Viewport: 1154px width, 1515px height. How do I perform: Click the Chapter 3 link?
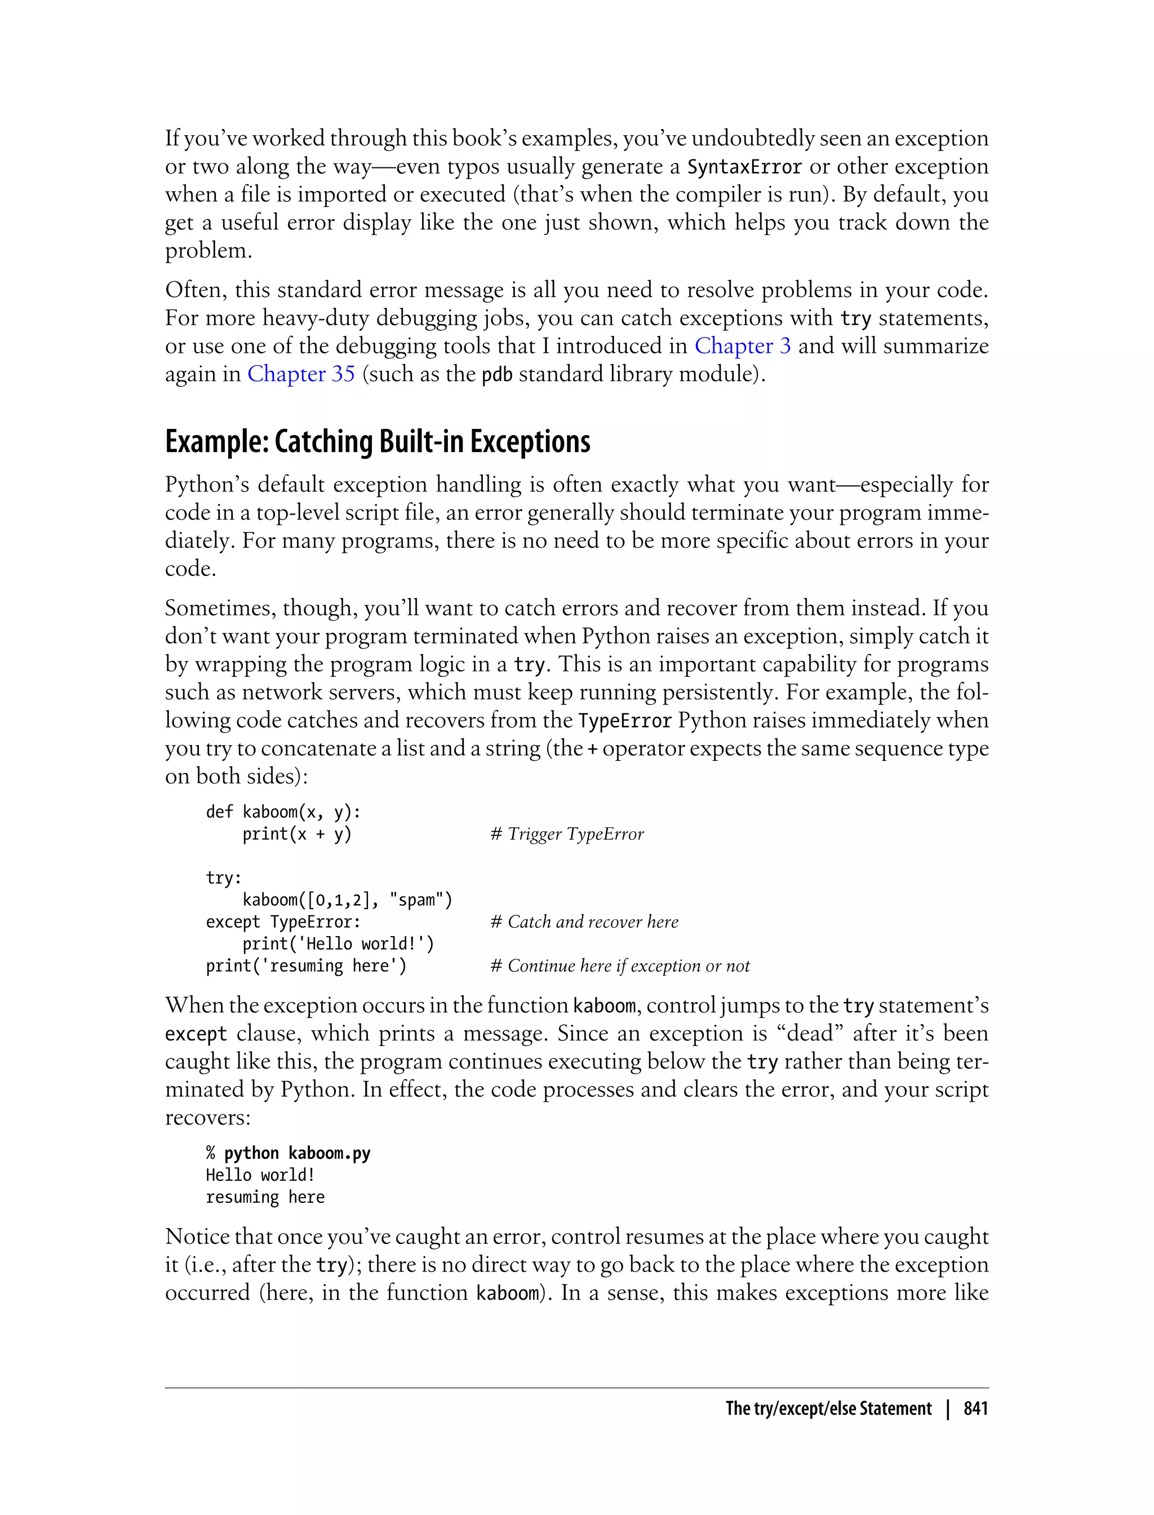[x=742, y=345]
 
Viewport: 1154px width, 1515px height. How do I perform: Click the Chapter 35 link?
[x=301, y=374]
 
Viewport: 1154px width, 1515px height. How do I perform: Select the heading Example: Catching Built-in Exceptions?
[x=377, y=442]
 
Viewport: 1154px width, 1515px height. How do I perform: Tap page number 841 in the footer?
[x=975, y=1409]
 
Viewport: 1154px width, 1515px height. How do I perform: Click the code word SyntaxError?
[x=744, y=167]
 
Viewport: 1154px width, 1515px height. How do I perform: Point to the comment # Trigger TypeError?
[x=567, y=834]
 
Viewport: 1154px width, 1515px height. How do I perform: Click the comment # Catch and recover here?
[x=584, y=922]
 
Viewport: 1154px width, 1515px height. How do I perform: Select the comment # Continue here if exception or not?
[x=620, y=966]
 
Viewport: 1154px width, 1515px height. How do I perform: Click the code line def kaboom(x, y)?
[x=283, y=812]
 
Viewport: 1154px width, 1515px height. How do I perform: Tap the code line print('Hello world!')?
[x=338, y=944]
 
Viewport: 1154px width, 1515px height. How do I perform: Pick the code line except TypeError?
[x=283, y=922]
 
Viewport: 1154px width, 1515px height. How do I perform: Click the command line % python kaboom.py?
[x=288, y=1154]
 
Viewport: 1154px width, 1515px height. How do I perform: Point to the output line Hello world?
[x=260, y=1176]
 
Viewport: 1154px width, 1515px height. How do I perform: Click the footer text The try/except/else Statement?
[x=828, y=1409]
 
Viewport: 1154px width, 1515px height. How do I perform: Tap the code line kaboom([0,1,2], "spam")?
[x=347, y=900]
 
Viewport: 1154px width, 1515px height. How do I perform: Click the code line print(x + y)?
[x=297, y=834]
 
